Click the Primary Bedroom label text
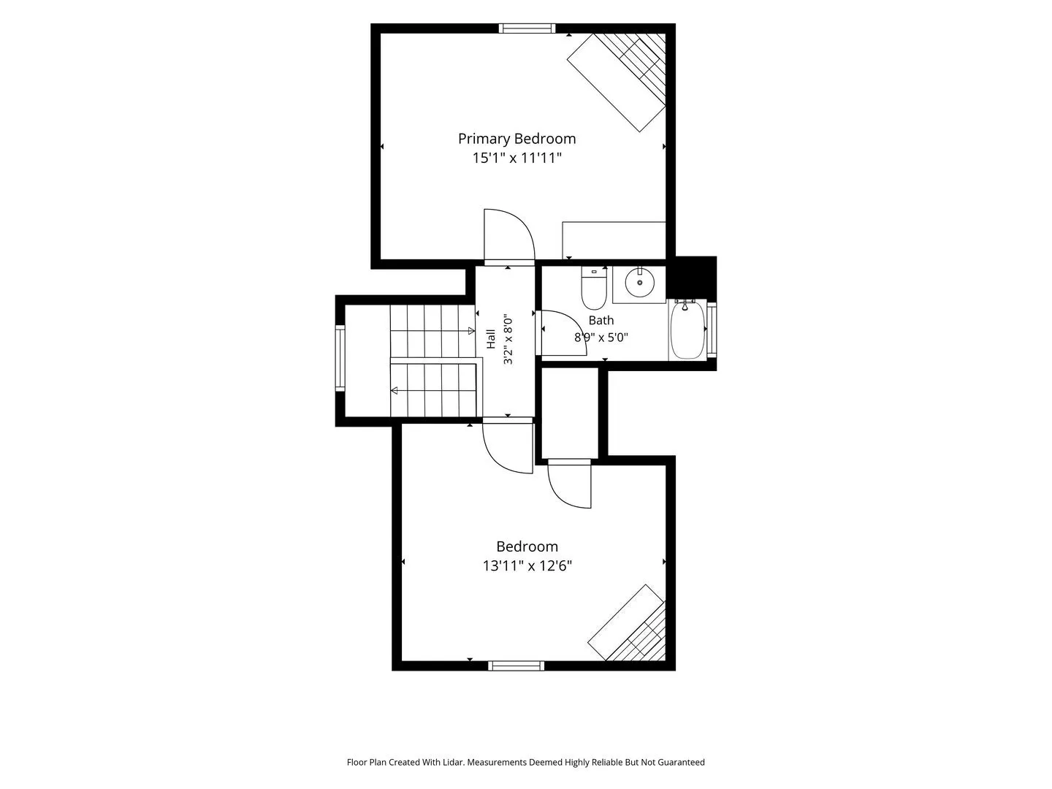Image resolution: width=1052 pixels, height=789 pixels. [x=517, y=139]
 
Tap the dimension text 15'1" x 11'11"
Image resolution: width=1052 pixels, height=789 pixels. [x=517, y=158]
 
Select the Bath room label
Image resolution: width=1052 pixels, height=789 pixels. [x=601, y=320]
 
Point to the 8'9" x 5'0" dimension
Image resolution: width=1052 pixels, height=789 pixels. [x=601, y=338]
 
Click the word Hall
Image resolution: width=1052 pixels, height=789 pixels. [x=491, y=339]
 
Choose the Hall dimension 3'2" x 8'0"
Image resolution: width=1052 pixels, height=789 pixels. [x=508, y=339]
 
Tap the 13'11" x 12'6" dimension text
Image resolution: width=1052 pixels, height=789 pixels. [x=527, y=566]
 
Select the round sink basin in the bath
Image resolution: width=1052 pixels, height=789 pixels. [x=639, y=283]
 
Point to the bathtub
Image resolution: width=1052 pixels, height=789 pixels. [x=687, y=329]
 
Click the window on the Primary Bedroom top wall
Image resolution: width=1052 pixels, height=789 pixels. [x=527, y=28]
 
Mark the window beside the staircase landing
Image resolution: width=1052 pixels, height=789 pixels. [x=340, y=358]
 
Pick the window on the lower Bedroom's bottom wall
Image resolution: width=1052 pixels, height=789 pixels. [x=517, y=666]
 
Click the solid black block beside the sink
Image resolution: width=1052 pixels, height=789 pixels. [x=692, y=278]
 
